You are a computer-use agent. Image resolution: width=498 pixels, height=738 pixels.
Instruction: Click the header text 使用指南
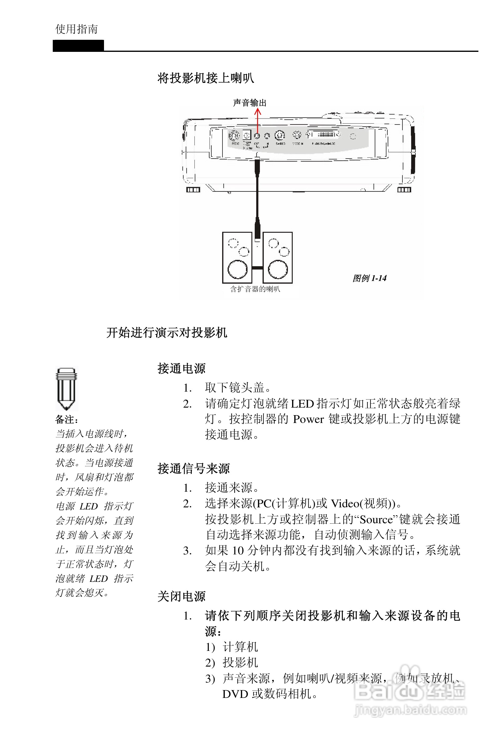77,29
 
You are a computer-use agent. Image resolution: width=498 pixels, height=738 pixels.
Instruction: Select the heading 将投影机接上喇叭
206,78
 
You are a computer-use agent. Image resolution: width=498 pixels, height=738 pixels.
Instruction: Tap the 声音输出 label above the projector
250,103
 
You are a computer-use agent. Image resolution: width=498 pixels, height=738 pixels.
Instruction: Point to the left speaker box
237,257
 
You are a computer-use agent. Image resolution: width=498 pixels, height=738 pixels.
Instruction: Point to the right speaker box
278,257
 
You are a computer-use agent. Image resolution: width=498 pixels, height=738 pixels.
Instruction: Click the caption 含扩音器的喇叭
255,289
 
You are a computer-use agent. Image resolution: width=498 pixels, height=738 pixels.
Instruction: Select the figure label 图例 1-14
369,278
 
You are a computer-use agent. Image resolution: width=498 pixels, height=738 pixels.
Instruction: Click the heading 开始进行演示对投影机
167,333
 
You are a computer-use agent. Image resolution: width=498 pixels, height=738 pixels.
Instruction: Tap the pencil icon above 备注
66,388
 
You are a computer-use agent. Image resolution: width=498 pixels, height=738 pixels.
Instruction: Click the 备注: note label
67,419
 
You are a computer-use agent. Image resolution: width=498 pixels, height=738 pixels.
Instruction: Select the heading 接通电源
181,369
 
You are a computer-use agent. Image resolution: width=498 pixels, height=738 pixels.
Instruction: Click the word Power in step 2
308,419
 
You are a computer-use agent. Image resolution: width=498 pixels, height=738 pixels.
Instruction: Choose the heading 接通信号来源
194,469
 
